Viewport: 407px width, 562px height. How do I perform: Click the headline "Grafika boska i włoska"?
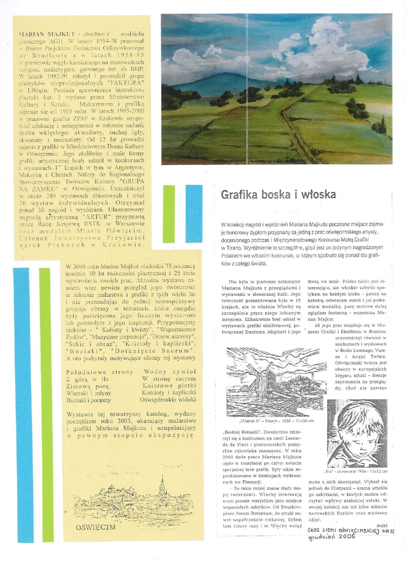(x=278, y=195)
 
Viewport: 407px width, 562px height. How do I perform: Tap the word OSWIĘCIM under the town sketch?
(x=95, y=527)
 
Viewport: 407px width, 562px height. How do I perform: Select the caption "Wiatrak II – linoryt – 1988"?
(x=276, y=421)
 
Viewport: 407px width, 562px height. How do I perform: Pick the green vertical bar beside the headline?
(x=169, y=214)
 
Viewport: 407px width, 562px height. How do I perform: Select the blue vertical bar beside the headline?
(x=194, y=214)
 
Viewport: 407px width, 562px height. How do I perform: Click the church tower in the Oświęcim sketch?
(x=162, y=488)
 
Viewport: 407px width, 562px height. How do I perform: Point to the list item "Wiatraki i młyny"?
(x=89, y=393)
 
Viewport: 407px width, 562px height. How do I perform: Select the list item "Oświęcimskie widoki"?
(x=168, y=400)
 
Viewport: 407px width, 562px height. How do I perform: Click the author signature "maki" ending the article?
(x=382, y=525)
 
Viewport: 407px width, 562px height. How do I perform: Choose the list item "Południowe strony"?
(x=100, y=372)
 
